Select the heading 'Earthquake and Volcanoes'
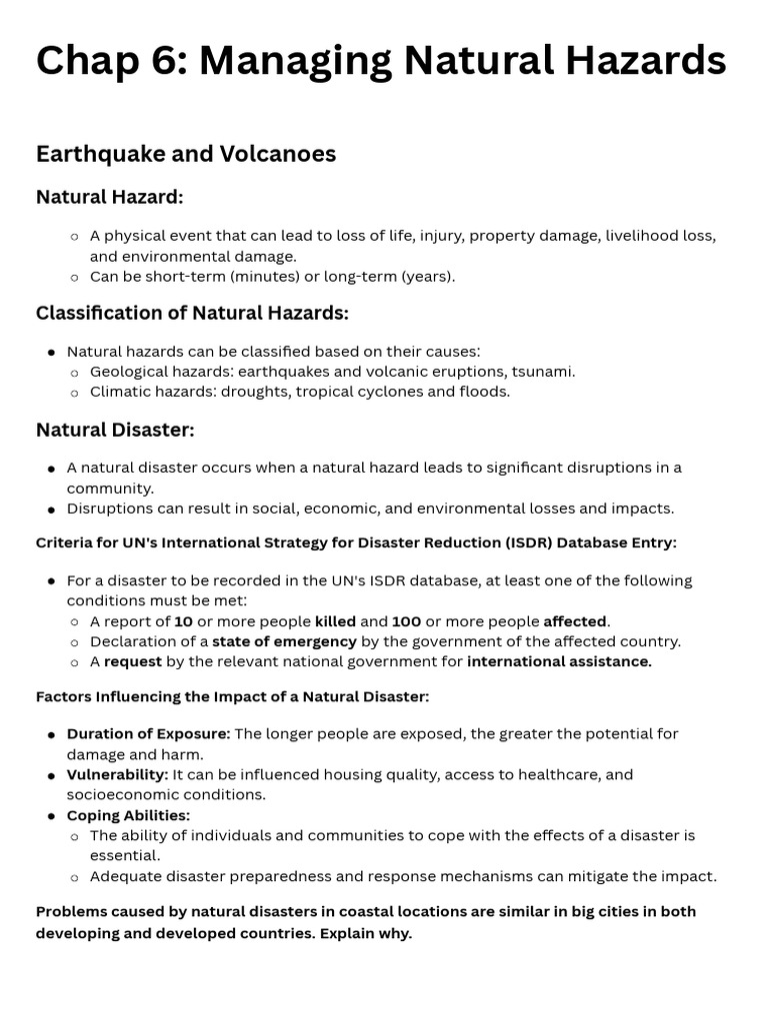point(186,154)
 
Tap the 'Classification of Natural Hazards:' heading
point(192,314)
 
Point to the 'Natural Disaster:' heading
point(115,430)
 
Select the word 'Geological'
point(129,372)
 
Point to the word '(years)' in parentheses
point(428,277)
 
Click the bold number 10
point(184,621)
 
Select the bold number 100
point(406,621)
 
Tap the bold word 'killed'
point(335,621)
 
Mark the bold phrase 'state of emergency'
point(284,641)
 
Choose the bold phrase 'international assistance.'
point(559,661)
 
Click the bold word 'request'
point(132,661)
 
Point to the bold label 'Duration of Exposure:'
point(148,734)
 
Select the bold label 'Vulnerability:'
point(117,775)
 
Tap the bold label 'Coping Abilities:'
point(128,815)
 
